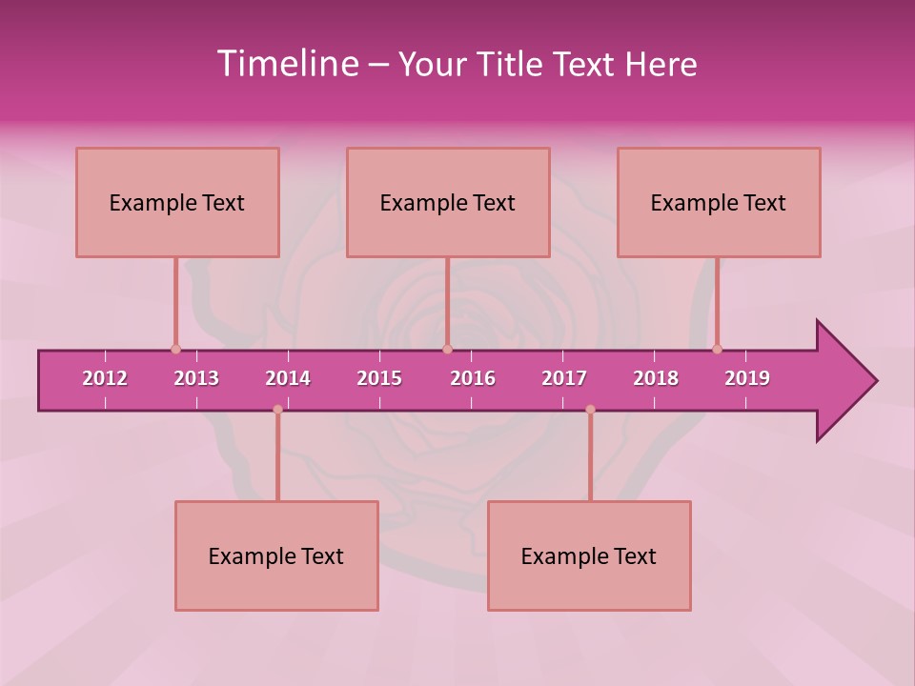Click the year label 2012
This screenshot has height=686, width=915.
pyautogui.click(x=105, y=378)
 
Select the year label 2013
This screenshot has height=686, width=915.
pyautogui.click(x=196, y=378)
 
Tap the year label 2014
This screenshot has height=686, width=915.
pyautogui.click(x=288, y=378)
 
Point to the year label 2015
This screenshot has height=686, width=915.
pyautogui.click(x=379, y=378)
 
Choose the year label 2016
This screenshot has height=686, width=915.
pyautogui.click(x=473, y=378)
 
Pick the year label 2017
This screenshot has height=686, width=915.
pyautogui.click(x=564, y=378)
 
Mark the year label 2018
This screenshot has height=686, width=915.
pyautogui.click(x=656, y=378)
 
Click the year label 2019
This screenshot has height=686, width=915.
pyautogui.click(x=747, y=378)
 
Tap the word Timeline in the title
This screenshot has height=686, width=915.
pyautogui.click(x=286, y=64)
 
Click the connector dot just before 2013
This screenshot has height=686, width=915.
pyautogui.click(x=175, y=350)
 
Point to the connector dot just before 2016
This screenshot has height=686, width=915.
pyautogui.click(x=447, y=350)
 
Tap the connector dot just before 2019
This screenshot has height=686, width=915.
pyautogui.click(x=717, y=350)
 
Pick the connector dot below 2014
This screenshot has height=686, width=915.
pyautogui.click(x=277, y=410)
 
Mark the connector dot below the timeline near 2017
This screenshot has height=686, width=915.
pyautogui.click(x=590, y=410)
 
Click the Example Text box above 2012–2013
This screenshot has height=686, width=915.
pyautogui.click(x=177, y=202)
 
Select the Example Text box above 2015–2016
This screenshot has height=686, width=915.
pyautogui.click(x=448, y=202)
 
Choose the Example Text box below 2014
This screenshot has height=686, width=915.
pyautogui.click(x=276, y=555)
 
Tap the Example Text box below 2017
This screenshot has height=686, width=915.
pyautogui.click(x=589, y=555)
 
